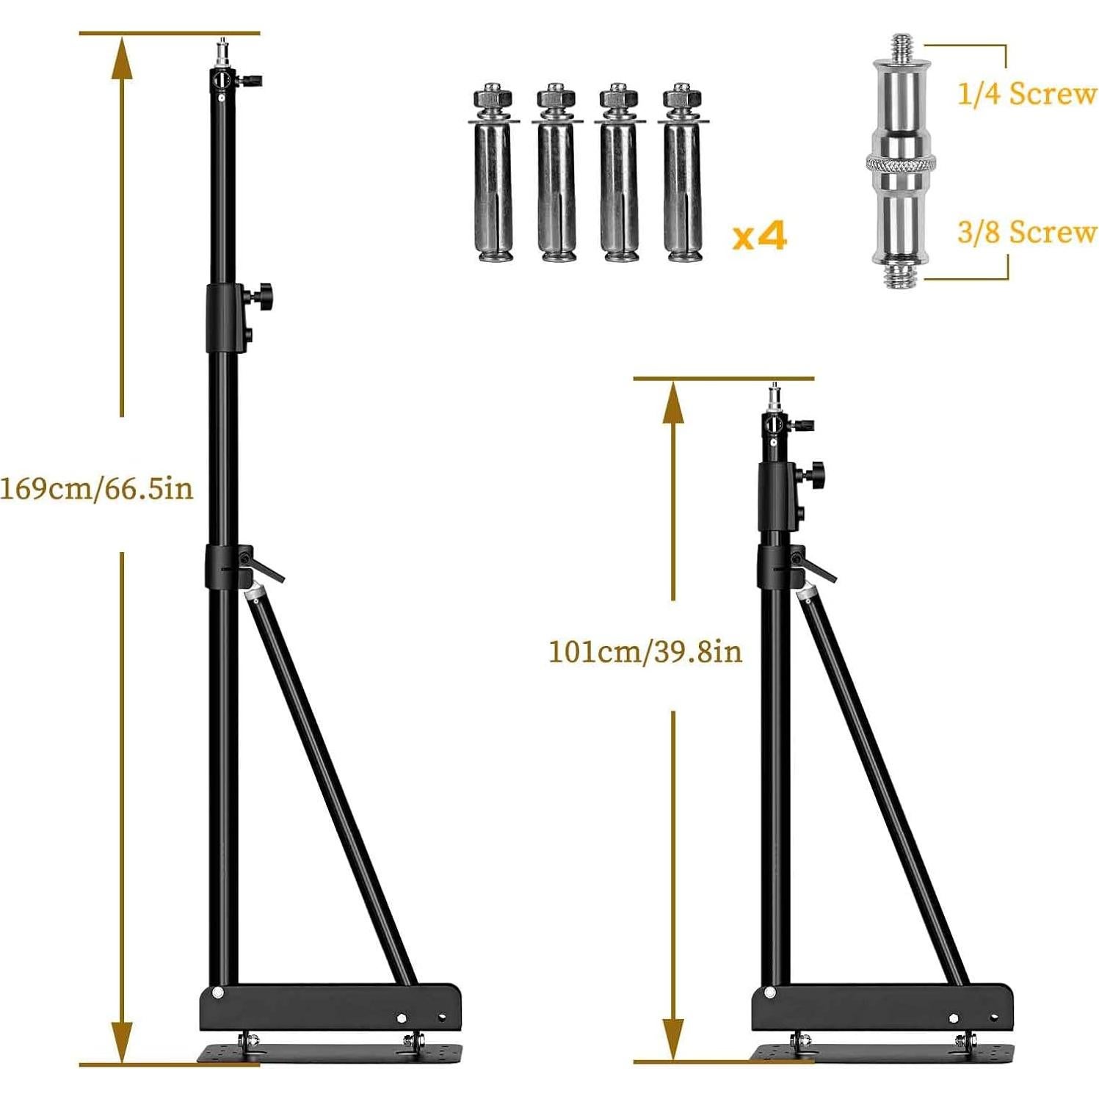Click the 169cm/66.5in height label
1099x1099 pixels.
(x=97, y=488)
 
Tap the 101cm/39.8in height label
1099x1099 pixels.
(x=645, y=651)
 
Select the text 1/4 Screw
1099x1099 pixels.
(x=1026, y=94)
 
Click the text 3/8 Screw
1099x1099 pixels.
(x=1026, y=232)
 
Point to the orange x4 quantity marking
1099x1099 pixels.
(x=760, y=236)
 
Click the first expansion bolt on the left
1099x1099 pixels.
(x=494, y=176)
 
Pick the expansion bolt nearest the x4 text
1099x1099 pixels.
(x=683, y=176)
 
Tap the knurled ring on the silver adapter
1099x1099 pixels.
(x=900, y=163)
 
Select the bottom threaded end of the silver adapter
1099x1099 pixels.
(x=901, y=275)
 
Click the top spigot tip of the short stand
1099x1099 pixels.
(x=774, y=395)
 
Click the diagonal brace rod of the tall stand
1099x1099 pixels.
(x=330, y=786)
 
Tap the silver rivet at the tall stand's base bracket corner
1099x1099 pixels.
(x=217, y=993)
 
